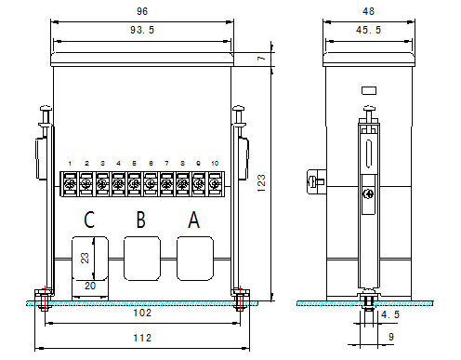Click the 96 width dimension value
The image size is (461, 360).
pos(142,11)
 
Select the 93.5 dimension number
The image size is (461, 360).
pos(142,30)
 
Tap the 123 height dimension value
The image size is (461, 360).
pos(261,182)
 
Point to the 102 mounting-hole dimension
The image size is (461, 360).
pos(142,313)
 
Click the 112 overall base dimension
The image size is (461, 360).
pos(142,338)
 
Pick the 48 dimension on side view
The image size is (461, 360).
pos(368,11)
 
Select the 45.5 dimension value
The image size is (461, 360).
pos(368,30)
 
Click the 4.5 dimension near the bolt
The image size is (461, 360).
pos(390,314)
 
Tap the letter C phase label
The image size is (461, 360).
pos(89,220)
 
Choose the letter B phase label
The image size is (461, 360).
pos(141,220)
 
